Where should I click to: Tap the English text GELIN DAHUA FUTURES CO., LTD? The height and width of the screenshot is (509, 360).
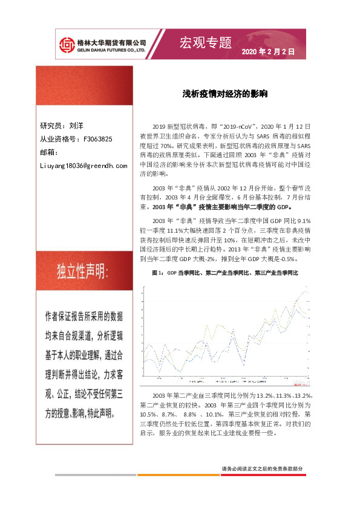point(111,51)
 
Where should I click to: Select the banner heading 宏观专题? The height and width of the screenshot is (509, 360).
point(206,42)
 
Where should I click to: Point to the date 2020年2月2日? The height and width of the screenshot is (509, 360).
point(268,53)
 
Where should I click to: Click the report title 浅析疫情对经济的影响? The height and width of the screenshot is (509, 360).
point(225,95)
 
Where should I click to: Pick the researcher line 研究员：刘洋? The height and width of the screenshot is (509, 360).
point(62,126)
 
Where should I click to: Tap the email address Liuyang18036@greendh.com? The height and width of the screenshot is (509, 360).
point(83,165)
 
